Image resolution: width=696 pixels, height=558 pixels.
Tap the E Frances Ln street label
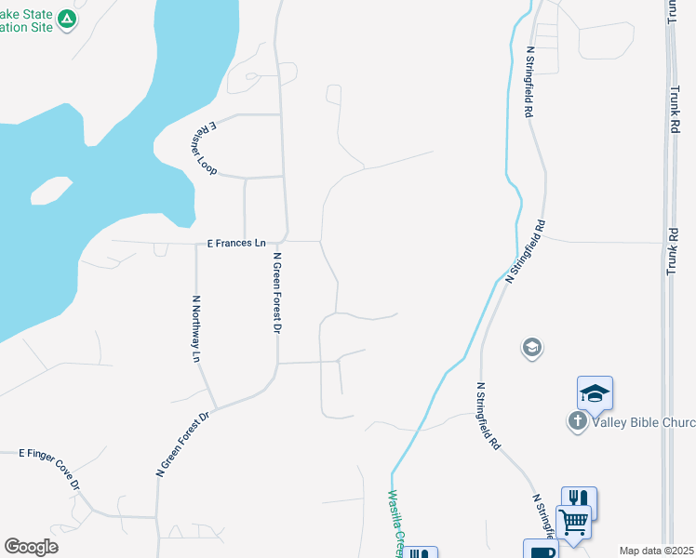pyautogui.click(x=236, y=243)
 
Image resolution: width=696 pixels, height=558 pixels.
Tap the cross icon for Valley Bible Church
pyautogui.click(x=577, y=421)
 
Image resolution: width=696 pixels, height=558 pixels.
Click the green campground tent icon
pyautogui.click(x=66, y=19)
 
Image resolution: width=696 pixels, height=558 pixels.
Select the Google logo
pyautogui.click(x=31, y=547)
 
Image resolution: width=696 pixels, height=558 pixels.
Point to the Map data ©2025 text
pyautogui.click(x=656, y=551)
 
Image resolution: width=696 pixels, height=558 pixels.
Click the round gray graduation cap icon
pyautogui.click(x=532, y=349)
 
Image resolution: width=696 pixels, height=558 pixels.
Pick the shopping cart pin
pyautogui.click(x=573, y=523)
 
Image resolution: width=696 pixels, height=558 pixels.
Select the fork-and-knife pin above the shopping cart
pyautogui.click(x=579, y=500)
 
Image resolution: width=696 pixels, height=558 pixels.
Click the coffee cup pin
pyautogui.click(x=541, y=550)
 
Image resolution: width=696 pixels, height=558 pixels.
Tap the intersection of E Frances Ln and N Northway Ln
pyautogui.click(x=195, y=243)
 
